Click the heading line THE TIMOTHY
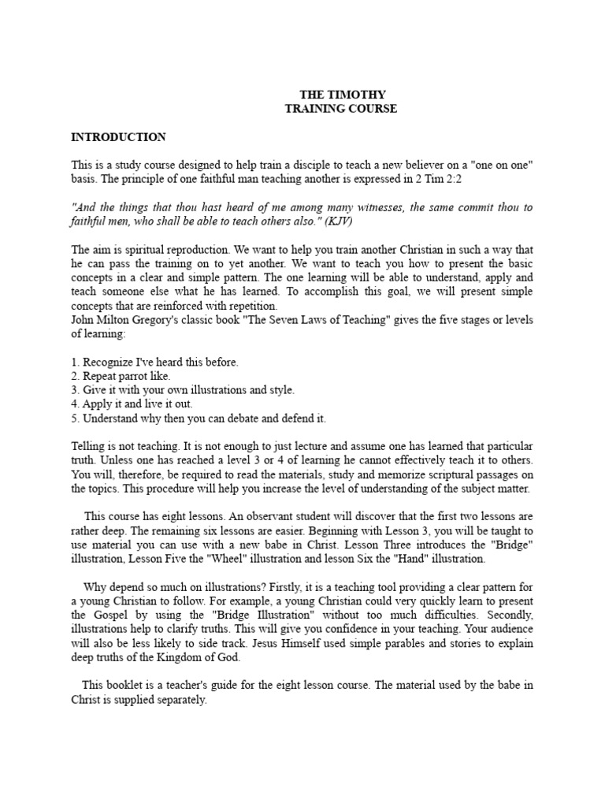point(340,94)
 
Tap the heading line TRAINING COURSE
point(340,109)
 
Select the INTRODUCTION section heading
point(118,137)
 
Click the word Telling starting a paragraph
point(88,446)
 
